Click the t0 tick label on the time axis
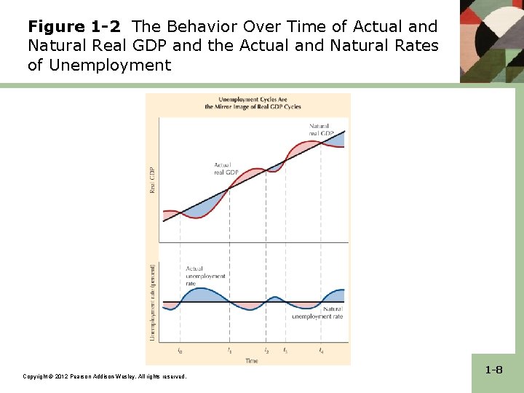[180, 351]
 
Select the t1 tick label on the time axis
[230, 351]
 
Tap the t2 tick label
[266, 351]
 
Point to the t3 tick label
[285, 351]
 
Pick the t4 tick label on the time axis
[321, 351]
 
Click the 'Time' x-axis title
[251, 360]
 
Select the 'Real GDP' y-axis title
[153, 180]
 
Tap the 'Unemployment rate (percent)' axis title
[153, 302]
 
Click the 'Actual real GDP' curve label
[226, 169]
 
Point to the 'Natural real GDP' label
[320, 130]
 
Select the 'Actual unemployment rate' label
[205, 277]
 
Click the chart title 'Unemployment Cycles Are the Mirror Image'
[248, 103]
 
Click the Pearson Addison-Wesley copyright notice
[105, 376]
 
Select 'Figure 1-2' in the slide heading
[74, 27]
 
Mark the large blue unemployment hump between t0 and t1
[205, 295]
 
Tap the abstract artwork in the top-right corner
[491, 40]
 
